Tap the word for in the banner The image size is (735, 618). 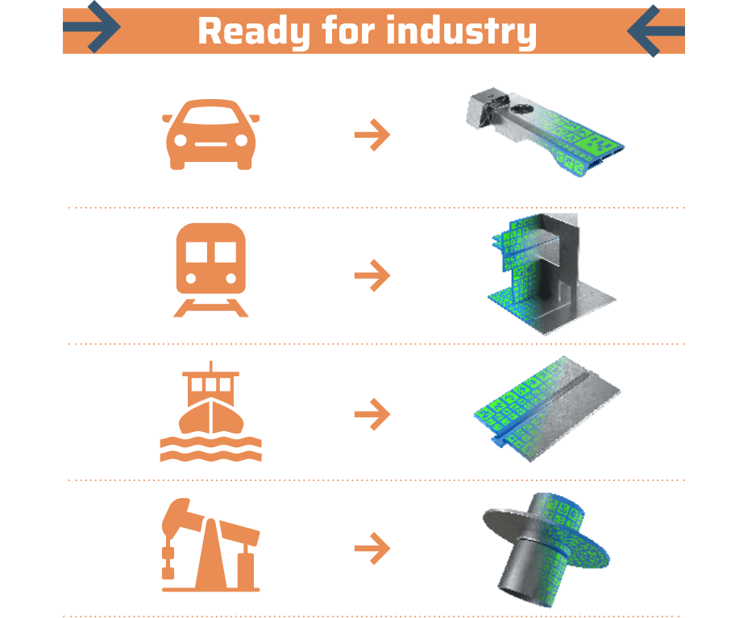click(x=348, y=30)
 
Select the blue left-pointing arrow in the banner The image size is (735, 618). click(x=656, y=31)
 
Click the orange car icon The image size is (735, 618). click(x=211, y=135)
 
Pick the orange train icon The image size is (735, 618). click(x=211, y=271)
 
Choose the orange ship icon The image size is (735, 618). click(x=211, y=412)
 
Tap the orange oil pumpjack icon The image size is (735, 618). click(x=210, y=545)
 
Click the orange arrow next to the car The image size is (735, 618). click(x=372, y=135)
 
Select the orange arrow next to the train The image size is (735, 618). click(x=372, y=276)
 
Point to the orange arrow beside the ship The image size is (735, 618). click(x=372, y=414)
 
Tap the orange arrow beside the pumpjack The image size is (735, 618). click(x=372, y=548)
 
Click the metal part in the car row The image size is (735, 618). click(x=544, y=131)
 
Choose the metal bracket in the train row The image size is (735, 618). click(x=553, y=274)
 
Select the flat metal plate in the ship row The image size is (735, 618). click(x=547, y=409)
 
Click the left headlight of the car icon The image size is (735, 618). click(x=181, y=140)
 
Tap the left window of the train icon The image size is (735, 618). click(x=197, y=252)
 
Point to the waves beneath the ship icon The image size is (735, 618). click(x=211, y=449)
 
